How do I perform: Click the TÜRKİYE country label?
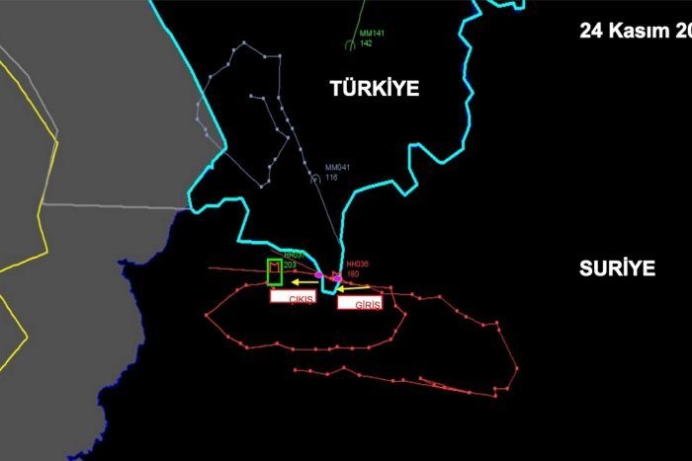coord(375,89)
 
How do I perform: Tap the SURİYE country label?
coord(618,269)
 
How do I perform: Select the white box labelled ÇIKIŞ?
coord(294,296)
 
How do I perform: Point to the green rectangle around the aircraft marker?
coord(275,270)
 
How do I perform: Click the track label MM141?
coord(373,34)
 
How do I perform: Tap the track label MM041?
coord(337,167)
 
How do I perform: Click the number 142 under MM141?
coord(366,43)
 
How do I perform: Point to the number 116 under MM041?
coord(331,177)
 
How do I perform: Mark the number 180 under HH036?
coord(352,273)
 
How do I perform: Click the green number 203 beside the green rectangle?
coord(290,265)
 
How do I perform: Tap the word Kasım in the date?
coord(639,31)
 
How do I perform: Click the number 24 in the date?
coord(591,31)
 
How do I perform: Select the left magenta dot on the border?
coord(318,275)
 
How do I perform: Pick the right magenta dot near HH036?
coord(338,278)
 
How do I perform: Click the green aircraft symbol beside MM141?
coord(351,43)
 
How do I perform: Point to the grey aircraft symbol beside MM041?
coord(315,179)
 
